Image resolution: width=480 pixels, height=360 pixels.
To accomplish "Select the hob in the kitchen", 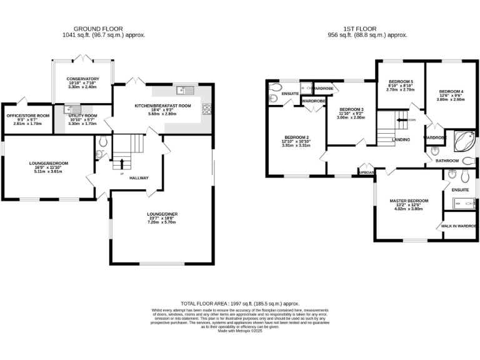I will (206, 109).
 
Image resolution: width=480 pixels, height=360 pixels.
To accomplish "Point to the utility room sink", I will (69, 110).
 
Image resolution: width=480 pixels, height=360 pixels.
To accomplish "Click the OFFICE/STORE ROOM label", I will (27, 116).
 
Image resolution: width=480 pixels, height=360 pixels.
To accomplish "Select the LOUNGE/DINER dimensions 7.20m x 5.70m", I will (161, 222).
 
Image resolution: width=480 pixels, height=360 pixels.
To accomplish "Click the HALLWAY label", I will (138, 178).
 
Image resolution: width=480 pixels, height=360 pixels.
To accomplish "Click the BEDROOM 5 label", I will (401, 82).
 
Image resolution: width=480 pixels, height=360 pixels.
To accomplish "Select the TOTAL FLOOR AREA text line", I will (239, 302).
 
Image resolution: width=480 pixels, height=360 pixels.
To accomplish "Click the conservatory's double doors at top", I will (82, 59).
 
